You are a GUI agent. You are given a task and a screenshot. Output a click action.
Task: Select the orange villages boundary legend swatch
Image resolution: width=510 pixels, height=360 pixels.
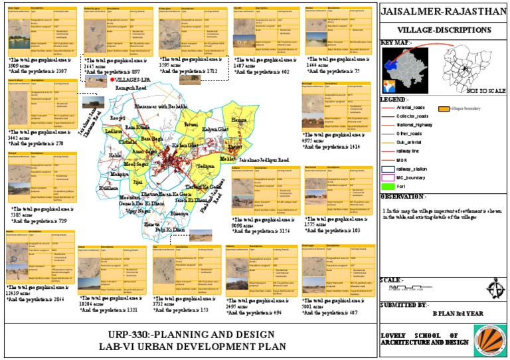(x=442, y=108)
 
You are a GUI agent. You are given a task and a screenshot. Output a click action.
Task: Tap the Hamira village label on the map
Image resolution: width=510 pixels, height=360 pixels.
(x=236, y=120)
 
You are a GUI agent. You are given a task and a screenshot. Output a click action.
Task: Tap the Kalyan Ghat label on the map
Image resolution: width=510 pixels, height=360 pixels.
(x=214, y=129)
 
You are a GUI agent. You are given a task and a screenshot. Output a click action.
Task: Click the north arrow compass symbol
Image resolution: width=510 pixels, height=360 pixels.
(x=475, y=290)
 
